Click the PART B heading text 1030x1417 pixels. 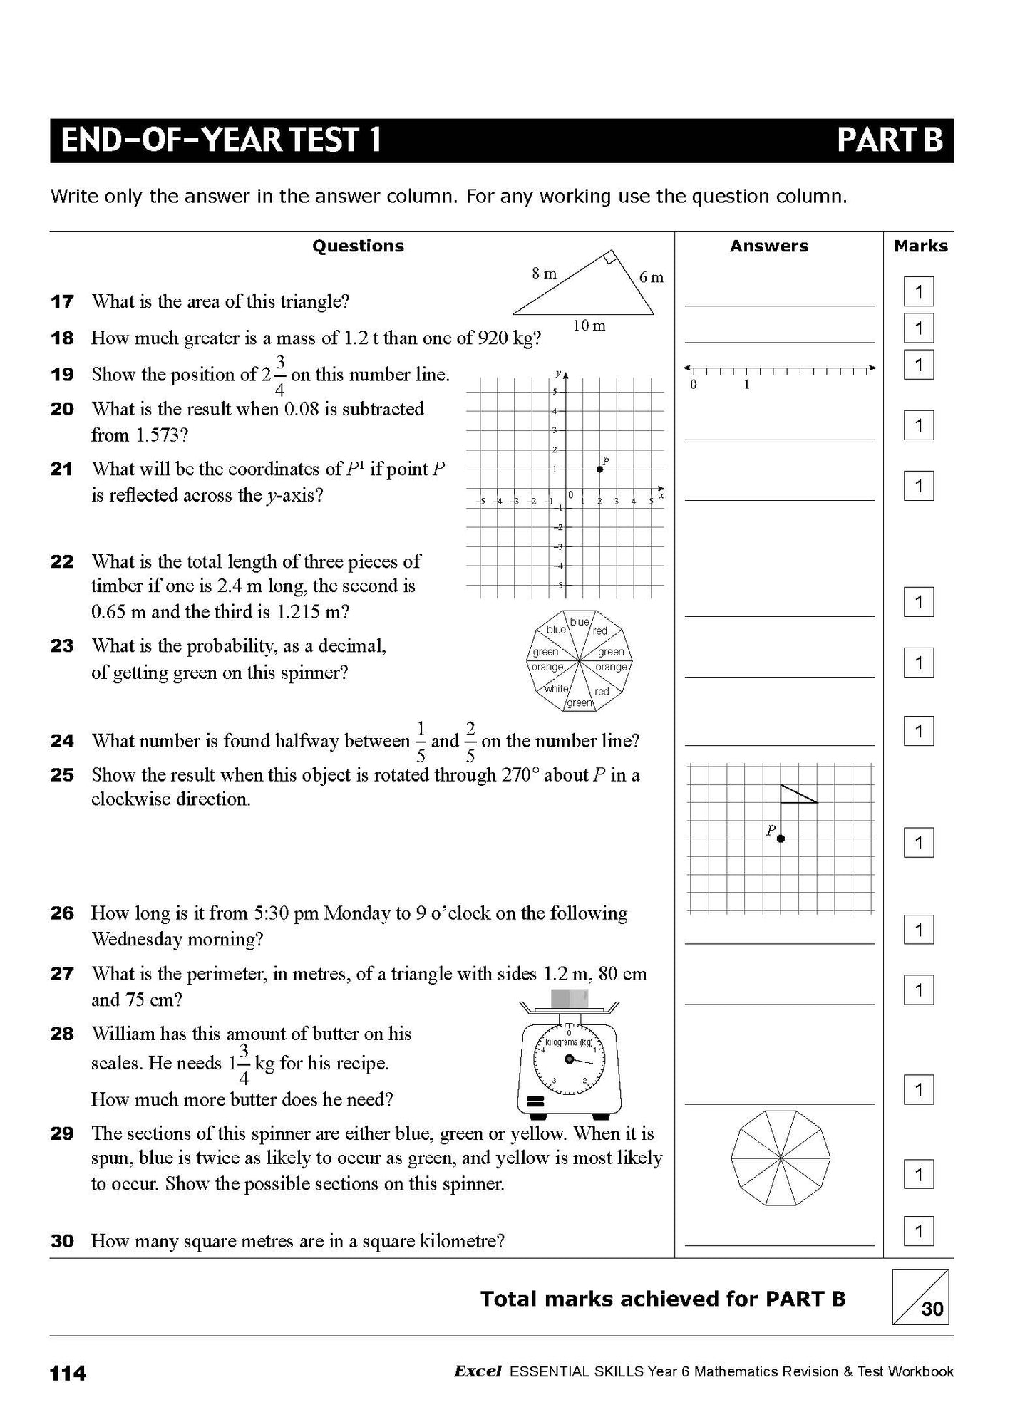tap(890, 140)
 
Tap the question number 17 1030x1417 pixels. tap(62, 301)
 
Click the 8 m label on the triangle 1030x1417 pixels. tap(545, 273)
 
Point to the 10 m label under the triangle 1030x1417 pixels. tap(589, 326)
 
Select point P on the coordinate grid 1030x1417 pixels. tap(599, 469)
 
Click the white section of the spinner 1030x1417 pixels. tap(556, 689)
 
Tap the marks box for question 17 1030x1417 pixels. tap(918, 291)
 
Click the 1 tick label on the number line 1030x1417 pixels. tap(746, 385)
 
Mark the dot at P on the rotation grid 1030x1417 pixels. tap(781, 839)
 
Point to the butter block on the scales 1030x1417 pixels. tap(569, 998)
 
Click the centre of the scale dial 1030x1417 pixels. tap(569, 1059)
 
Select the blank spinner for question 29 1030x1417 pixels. tap(781, 1158)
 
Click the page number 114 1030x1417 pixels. tap(68, 1373)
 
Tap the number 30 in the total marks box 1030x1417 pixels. tap(932, 1308)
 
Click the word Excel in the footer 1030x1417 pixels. tap(478, 1371)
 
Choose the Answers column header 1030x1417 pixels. tap(768, 246)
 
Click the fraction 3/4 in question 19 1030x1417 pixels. tap(280, 375)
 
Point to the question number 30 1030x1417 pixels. tap(62, 1241)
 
